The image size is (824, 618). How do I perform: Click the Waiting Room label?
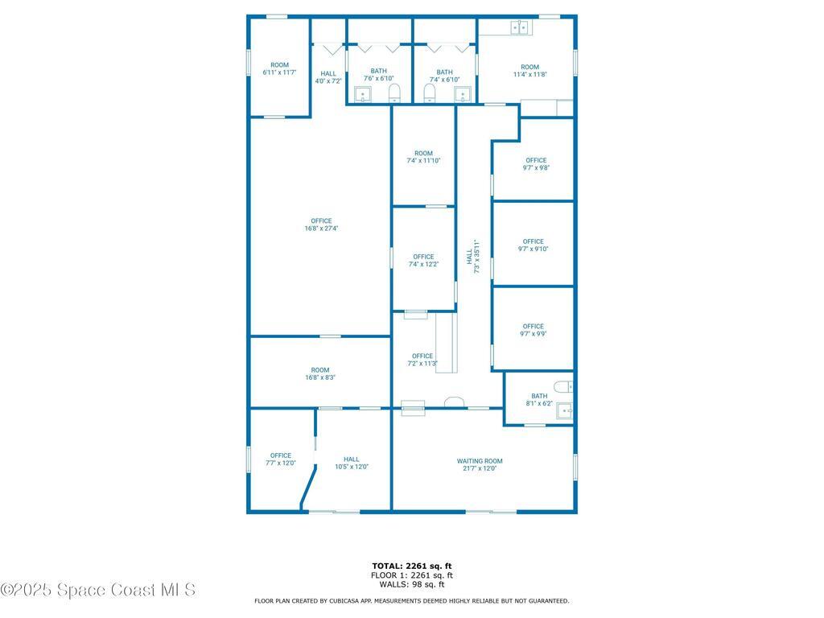(x=480, y=461)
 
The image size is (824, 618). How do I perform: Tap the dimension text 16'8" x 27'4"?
(x=321, y=229)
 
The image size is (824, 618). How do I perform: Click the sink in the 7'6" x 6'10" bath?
(x=363, y=97)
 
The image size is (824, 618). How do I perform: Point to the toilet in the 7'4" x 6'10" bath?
(x=430, y=95)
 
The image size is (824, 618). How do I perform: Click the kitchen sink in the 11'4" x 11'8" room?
(x=521, y=27)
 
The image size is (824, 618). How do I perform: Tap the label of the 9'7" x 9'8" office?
(x=536, y=160)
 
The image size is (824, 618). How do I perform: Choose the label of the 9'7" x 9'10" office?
(x=533, y=241)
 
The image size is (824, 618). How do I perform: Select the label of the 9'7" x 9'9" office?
(x=533, y=327)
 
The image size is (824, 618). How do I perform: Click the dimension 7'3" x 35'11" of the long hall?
(x=477, y=256)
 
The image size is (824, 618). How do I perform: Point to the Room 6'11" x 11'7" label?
(x=279, y=65)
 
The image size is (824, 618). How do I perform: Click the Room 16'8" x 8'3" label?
(x=320, y=370)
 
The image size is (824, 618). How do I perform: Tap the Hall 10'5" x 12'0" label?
(x=352, y=459)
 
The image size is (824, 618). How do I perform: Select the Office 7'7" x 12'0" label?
(x=281, y=455)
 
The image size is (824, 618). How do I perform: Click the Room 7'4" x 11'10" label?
(x=423, y=153)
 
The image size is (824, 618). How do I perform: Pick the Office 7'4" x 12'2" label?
(x=423, y=257)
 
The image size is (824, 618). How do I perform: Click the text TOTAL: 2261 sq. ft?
(x=411, y=566)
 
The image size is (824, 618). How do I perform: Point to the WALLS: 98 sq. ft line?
(x=411, y=585)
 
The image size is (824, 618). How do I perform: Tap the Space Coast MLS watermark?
(x=98, y=590)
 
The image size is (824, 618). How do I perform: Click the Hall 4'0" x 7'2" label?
(x=328, y=74)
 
